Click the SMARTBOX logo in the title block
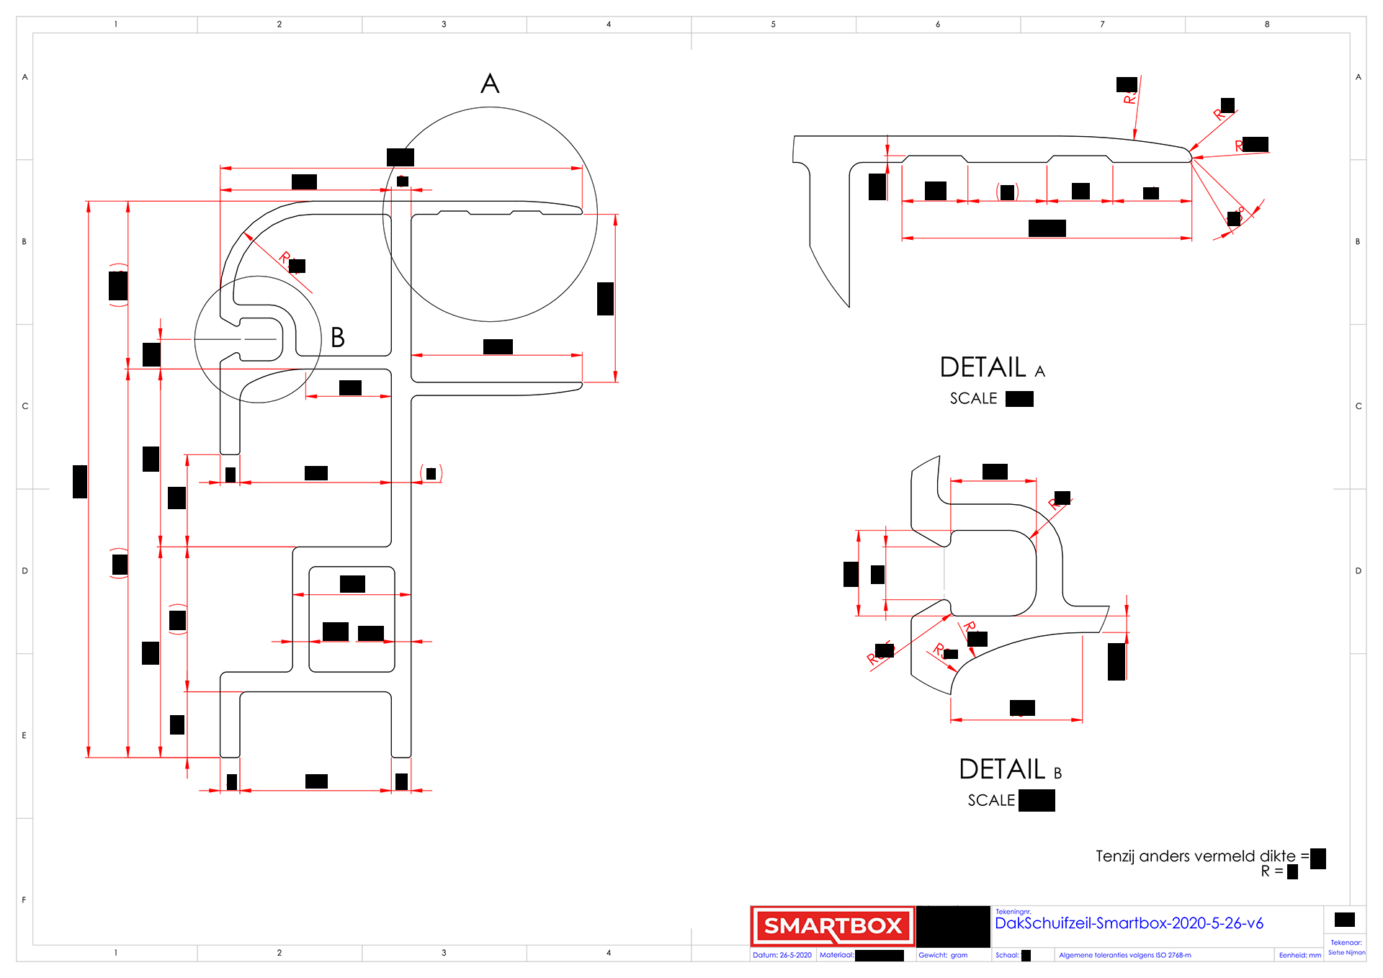pyautogui.click(x=832, y=925)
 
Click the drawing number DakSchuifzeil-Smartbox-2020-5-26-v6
pyautogui.click(x=1129, y=923)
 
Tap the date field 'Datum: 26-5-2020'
pyautogui.click(x=782, y=955)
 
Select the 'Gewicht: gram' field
pyautogui.click(x=943, y=955)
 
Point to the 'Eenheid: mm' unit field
pyautogui.click(x=1300, y=955)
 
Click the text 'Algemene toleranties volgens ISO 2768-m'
pyautogui.click(x=1124, y=955)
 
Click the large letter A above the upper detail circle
pyautogui.click(x=490, y=84)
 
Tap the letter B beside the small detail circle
pyautogui.click(x=338, y=337)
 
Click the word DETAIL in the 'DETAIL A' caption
pyautogui.click(x=983, y=367)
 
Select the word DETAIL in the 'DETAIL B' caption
pyautogui.click(x=1002, y=769)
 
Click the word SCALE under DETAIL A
pyautogui.click(x=973, y=398)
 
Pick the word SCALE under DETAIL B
pyautogui.click(x=991, y=800)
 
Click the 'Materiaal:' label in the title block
pyautogui.click(x=836, y=955)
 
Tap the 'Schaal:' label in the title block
pyautogui.click(x=1007, y=955)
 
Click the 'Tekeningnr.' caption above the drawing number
pyautogui.click(x=1013, y=912)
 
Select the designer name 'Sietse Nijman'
pyautogui.click(x=1346, y=952)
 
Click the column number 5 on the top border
pyautogui.click(x=773, y=24)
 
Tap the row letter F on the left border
pyautogui.click(x=24, y=900)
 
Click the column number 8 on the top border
pyautogui.click(x=1267, y=24)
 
